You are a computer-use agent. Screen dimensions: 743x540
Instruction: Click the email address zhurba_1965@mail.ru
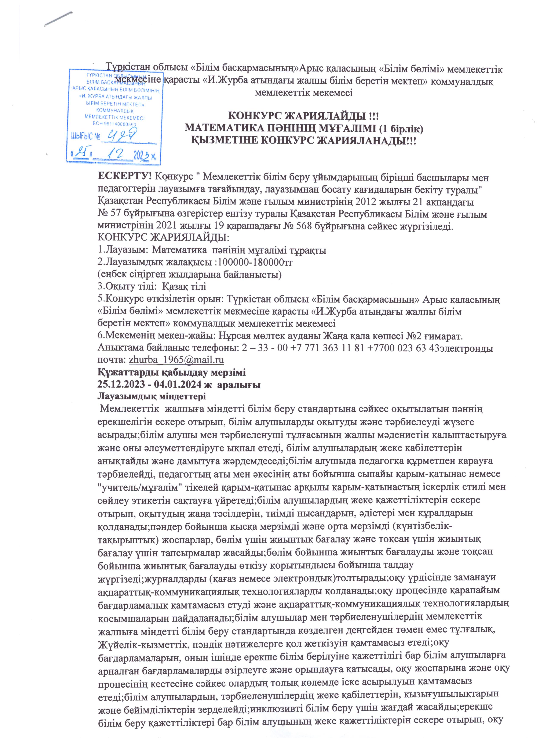point(176,360)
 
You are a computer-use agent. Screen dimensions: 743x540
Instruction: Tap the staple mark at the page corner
point(58,18)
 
